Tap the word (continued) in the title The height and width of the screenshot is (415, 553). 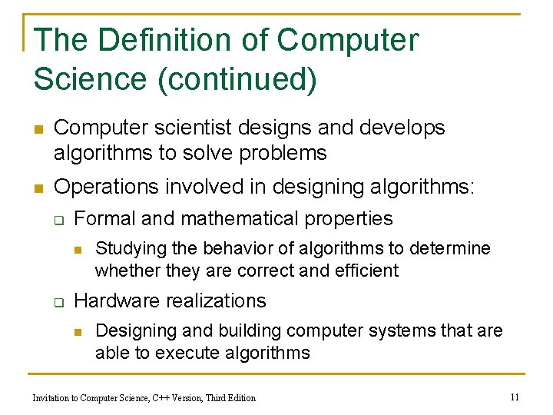[237, 80]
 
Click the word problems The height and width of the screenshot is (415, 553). [283, 153]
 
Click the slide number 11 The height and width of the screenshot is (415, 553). [515, 397]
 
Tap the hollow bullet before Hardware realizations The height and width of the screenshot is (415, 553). [58, 302]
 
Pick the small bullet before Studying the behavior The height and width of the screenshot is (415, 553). [78, 249]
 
